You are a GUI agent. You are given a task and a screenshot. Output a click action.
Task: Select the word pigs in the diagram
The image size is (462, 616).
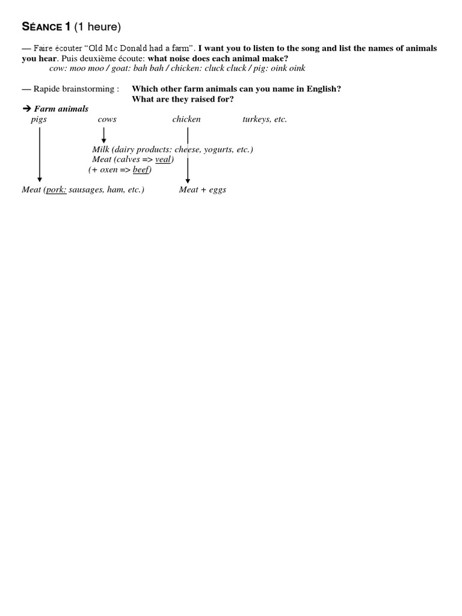38,119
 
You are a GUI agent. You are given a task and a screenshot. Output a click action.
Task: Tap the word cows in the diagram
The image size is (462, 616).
107,119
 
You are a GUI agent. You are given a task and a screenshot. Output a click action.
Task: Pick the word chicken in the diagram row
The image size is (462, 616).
186,119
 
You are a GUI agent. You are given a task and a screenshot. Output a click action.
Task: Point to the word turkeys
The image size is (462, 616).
256,119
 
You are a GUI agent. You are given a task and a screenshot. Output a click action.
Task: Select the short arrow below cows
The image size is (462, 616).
104,136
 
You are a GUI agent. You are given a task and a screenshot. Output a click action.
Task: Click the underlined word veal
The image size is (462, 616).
163,159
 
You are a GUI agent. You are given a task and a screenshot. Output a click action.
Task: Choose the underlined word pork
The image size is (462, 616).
56,189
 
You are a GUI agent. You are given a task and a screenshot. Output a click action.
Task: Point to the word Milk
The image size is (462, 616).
101,149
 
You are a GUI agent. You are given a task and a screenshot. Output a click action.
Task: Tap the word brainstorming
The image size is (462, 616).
88,89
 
